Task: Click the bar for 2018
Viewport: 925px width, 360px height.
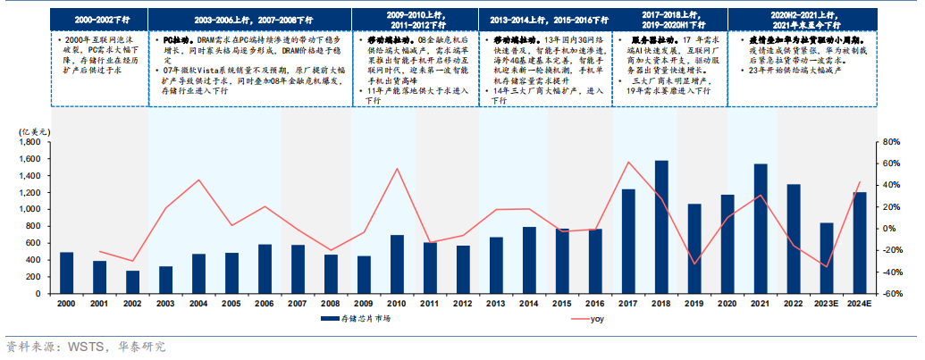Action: tap(660, 227)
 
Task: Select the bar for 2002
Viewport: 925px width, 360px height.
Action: tap(132, 281)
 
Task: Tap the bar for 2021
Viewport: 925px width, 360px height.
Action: tap(760, 229)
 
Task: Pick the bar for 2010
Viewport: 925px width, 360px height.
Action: tap(397, 264)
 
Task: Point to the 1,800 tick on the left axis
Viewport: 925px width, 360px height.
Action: tap(32, 142)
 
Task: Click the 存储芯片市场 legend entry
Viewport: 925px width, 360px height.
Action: tap(359, 319)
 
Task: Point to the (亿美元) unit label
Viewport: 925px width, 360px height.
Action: tap(33, 131)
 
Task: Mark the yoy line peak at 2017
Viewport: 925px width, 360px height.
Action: tap(627, 162)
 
